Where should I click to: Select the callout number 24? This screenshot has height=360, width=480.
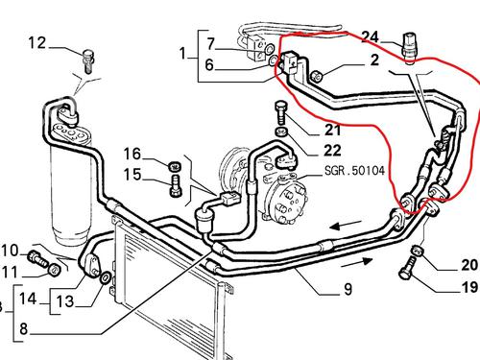click(x=369, y=37)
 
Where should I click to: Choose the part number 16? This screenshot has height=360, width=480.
click(x=131, y=153)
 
